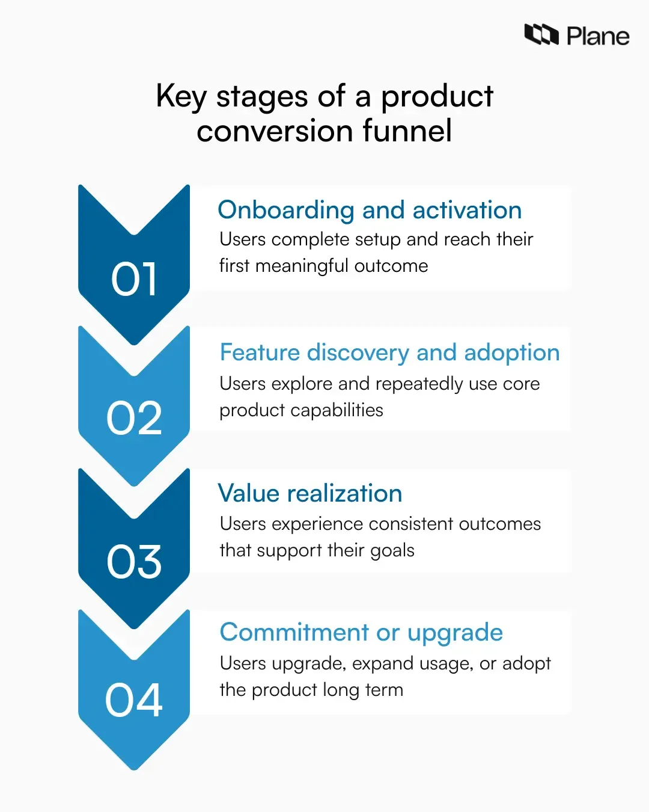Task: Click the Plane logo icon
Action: click(x=541, y=35)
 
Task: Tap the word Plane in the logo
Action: click(x=598, y=37)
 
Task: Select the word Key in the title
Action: click(x=181, y=97)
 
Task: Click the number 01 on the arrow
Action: click(x=134, y=280)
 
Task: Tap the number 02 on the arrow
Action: click(x=134, y=419)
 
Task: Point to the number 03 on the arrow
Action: click(x=134, y=562)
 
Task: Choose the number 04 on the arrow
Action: click(x=134, y=701)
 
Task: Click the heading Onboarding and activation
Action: click(x=370, y=211)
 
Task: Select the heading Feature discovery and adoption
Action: click(x=389, y=352)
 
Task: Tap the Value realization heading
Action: click(x=310, y=493)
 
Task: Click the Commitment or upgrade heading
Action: click(x=361, y=633)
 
